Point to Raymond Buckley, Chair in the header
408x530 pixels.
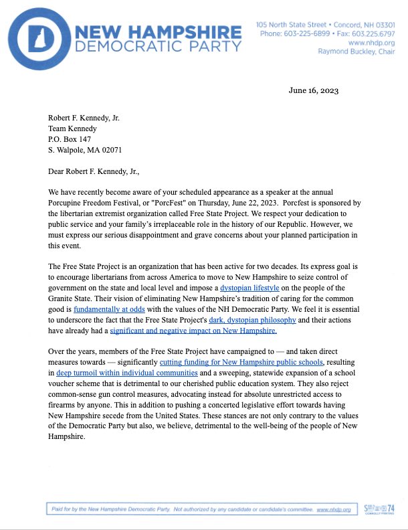point(355,51)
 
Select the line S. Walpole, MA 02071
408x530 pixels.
point(85,150)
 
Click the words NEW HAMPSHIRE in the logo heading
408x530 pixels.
point(159,31)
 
